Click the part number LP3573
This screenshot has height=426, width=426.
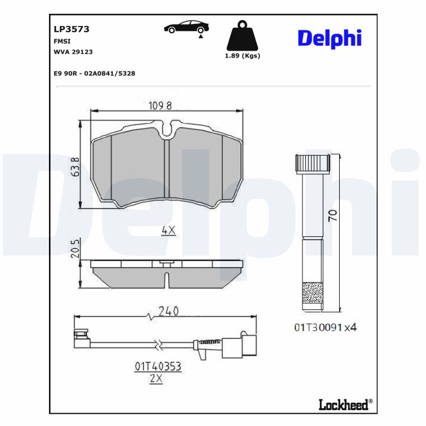tap(71, 29)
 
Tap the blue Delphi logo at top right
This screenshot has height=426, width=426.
tap(329, 38)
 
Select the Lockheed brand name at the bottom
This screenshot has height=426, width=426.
tap(343, 405)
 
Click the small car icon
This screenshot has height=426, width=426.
tap(186, 28)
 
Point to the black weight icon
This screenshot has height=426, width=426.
tap(242, 36)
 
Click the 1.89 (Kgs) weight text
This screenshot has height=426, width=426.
tap(242, 56)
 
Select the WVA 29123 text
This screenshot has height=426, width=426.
tap(73, 52)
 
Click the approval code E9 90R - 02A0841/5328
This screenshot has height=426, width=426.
tap(94, 73)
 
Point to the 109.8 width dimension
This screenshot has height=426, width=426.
tap(160, 105)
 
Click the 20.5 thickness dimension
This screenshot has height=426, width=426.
tap(76, 249)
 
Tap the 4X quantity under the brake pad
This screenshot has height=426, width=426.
tap(168, 231)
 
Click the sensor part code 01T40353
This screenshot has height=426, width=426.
tap(158, 366)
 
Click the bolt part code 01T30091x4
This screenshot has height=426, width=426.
tap(324, 327)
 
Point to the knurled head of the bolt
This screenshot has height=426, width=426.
tap(312, 163)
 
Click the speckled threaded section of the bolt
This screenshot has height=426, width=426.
tap(313, 294)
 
